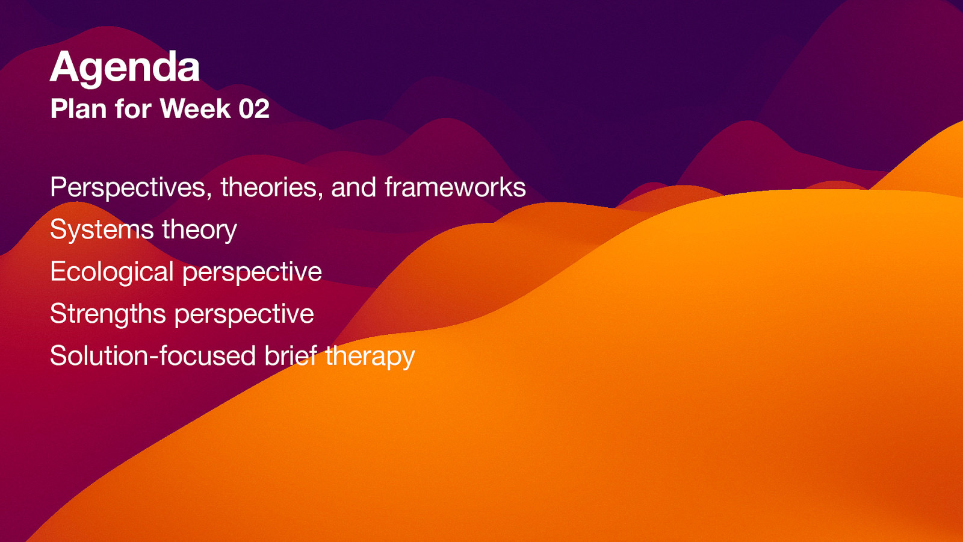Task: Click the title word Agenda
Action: [125, 67]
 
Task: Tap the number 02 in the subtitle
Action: [253, 109]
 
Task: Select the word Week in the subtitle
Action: [195, 109]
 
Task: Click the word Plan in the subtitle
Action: [78, 109]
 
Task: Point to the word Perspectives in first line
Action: [129, 188]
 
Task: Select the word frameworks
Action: [455, 187]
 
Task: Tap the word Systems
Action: [102, 230]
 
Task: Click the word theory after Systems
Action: [199, 230]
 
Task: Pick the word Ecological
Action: [112, 272]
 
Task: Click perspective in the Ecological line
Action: [252, 272]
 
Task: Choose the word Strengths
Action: [108, 314]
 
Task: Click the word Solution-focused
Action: [153, 356]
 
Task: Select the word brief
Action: [291, 356]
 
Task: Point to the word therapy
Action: [370, 357]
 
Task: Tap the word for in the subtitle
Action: [133, 109]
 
